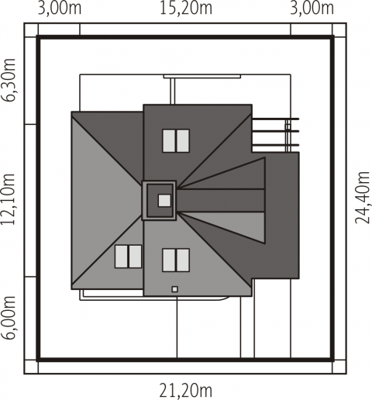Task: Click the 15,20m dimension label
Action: (x=186, y=8)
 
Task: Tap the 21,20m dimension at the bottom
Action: (x=186, y=391)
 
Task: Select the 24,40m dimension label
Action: (x=363, y=197)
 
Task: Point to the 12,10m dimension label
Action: (x=9, y=199)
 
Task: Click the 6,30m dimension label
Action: (x=9, y=81)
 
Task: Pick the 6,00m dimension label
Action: (x=9, y=317)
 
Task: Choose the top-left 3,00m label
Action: (x=60, y=8)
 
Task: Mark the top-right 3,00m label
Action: (x=312, y=8)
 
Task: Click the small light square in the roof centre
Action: (x=164, y=200)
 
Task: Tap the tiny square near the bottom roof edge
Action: (x=175, y=289)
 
